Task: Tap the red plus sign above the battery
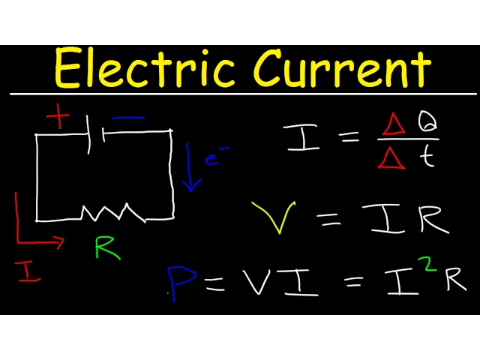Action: click(58, 116)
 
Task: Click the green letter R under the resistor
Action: click(107, 248)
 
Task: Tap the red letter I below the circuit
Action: click(28, 271)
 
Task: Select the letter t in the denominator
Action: click(427, 156)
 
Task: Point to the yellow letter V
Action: click(274, 216)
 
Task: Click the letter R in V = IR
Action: click(433, 218)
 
